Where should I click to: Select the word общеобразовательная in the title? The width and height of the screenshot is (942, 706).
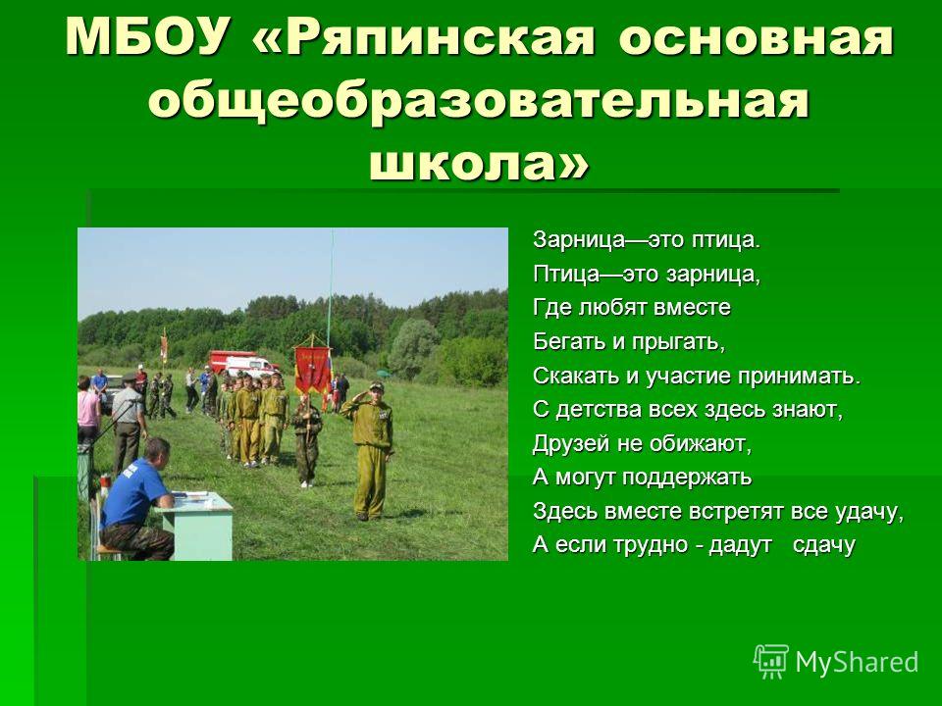coord(479,100)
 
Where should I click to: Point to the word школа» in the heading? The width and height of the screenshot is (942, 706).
coord(479,161)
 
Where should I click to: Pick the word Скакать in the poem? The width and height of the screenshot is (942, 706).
coord(576,376)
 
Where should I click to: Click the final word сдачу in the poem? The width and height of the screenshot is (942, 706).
coord(823,545)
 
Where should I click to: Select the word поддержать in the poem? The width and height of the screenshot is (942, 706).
coord(686,478)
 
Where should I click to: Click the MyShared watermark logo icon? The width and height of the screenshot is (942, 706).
coord(771,662)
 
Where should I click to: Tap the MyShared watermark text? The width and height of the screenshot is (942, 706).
coord(858,662)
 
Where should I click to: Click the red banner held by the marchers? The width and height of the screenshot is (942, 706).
coord(312,370)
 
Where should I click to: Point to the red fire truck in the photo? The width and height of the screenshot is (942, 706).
coord(242,363)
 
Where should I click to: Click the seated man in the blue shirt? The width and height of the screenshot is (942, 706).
coord(137,499)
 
